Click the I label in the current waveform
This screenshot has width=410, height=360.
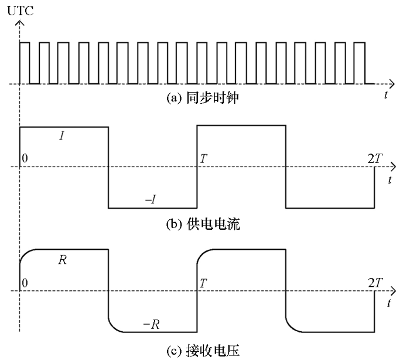tap(62, 135)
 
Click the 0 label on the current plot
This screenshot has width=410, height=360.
tap(25, 159)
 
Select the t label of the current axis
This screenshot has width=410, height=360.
tap(389, 179)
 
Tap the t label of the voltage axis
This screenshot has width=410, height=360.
tap(389, 304)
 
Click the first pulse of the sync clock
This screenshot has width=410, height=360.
tap(25, 63)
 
